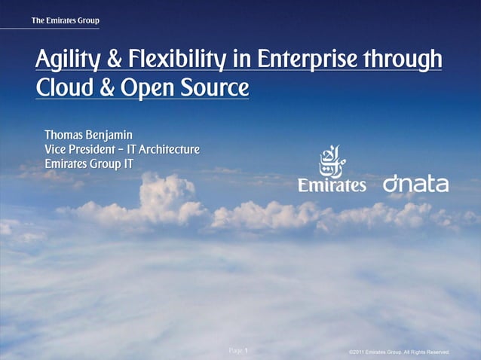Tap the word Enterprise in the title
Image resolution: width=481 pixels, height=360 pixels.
[307, 59]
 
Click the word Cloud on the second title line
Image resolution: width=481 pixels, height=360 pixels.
[60, 89]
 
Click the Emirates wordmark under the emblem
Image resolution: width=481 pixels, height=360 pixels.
[332, 185]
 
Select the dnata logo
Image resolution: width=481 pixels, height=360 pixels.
[415, 185]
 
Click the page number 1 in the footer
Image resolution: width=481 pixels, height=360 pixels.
[247, 351]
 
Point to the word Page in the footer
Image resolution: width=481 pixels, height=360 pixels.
[235, 351]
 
